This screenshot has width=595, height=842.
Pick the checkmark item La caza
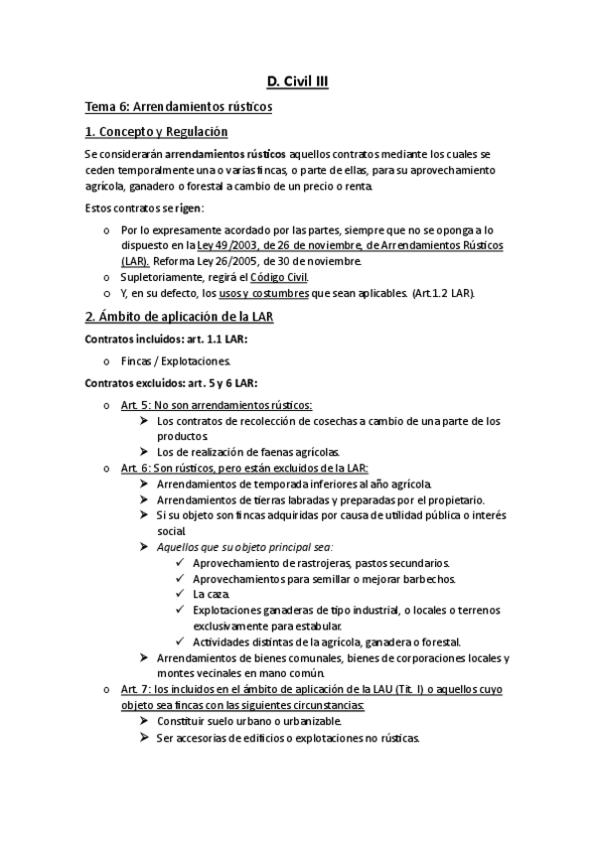pyautogui.click(x=212, y=594)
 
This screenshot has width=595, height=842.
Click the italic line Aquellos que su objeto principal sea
pyautogui.click(x=245, y=546)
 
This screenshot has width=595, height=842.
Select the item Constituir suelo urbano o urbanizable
pyautogui.click(x=249, y=721)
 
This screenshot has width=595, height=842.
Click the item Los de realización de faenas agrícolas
pyautogui.click(x=249, y=452)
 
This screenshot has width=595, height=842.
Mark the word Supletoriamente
pyautogui.click(x=161, y=278)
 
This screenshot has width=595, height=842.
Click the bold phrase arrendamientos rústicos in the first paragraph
pyautogui.click(x=224, y=156)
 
